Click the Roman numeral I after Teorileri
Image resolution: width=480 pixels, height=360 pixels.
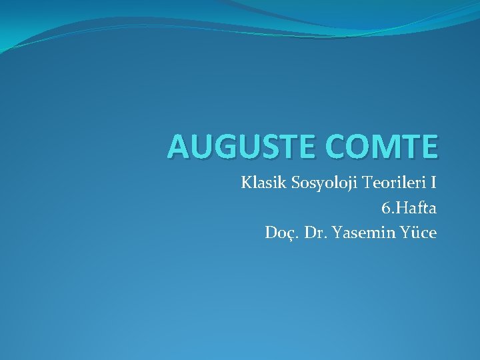point(433,183)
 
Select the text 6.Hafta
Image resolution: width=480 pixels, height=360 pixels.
point(409,208)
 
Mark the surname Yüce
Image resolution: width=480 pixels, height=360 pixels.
point(419,233)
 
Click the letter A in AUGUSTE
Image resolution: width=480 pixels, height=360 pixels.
point(178,147)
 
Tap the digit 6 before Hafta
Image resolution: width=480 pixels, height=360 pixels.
point(385,208)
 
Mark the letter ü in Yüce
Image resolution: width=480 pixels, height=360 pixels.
point(415,233)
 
